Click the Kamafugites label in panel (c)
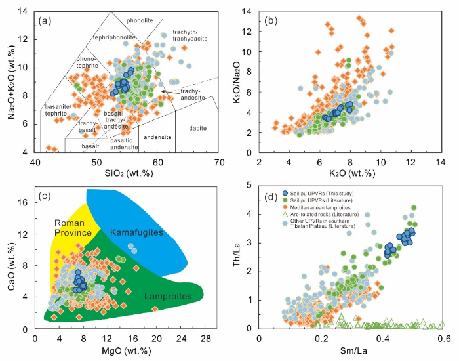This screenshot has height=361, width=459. (x=134, y=232)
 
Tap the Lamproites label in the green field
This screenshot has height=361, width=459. (x=170, y=297)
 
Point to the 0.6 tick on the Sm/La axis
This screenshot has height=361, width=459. (x=443, y=338)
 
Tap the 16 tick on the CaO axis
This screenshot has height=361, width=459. (x=26, y=202)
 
